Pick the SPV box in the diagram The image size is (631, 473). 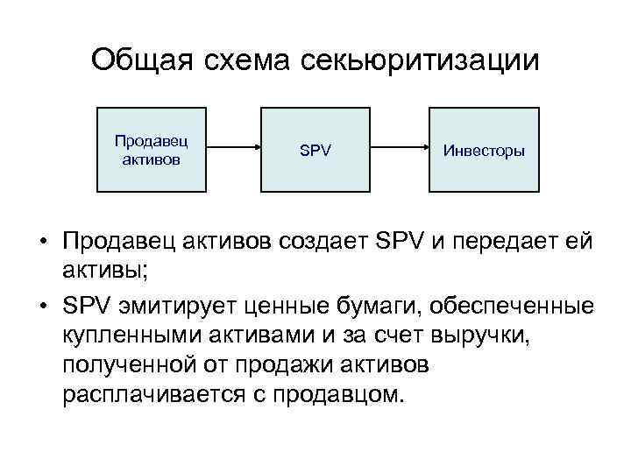tap(315, 150)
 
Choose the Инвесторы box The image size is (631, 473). tap(484, 150)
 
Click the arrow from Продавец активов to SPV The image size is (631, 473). tap(232, 150)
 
